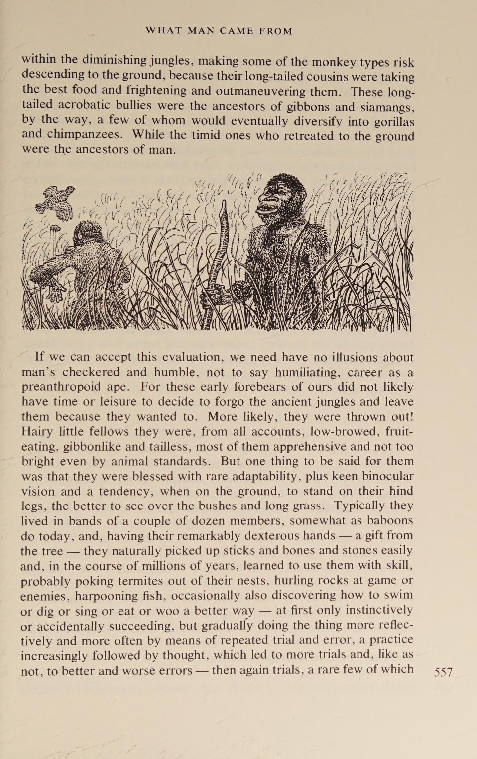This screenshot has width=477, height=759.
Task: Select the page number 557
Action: click(x=443, y=672)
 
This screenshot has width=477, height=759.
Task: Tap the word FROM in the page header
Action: click(x=275, y=31)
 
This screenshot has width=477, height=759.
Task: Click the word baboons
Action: click(x=389, y=521)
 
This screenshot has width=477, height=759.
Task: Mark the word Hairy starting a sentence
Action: click(x=36, y=431)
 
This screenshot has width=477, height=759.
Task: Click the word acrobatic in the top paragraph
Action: click(x=85, y=105)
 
